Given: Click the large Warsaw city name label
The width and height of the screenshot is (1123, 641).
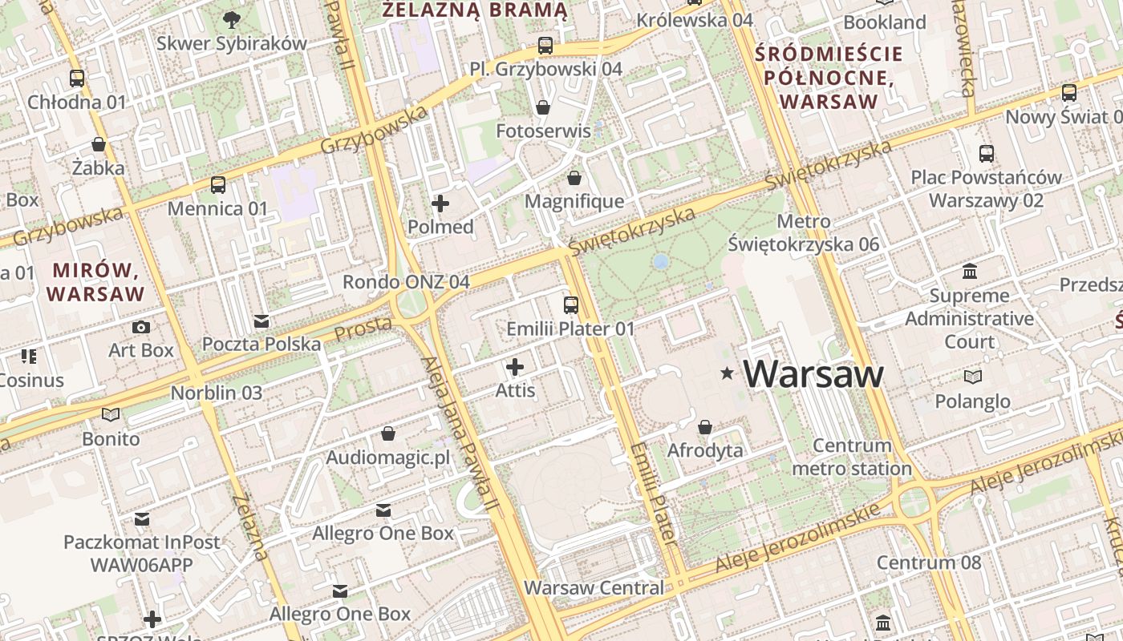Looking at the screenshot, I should tap(813, 374).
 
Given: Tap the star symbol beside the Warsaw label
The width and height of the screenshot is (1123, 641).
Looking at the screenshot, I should tap(727, 373).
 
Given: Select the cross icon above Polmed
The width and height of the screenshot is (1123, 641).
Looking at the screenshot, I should tap(440, 204).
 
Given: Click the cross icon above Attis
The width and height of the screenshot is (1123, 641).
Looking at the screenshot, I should tap(514, 368).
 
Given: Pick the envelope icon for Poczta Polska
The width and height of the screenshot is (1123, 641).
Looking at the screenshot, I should tap(261, 321).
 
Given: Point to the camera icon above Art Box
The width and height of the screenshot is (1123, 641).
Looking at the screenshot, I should tap(141, 327).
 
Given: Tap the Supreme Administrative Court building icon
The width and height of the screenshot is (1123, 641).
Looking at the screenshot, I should tap(969, 271).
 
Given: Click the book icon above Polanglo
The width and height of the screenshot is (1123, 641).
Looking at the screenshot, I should tap(972, 377).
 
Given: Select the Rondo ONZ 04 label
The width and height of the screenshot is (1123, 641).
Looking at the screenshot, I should tap(406, 282).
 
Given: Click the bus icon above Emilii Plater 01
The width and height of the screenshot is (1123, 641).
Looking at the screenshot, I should tap(570, 305).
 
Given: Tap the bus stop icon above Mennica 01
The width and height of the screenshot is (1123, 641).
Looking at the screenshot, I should tap(217, 185).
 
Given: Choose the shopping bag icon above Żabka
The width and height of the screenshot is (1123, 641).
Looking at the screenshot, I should tap(98, 144).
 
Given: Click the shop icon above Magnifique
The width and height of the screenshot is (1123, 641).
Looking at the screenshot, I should tap(574, 178).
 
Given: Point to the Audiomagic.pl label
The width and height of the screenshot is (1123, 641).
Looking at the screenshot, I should tap(388, 458).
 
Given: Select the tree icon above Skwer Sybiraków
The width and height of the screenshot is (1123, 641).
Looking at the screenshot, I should tap(231, 19).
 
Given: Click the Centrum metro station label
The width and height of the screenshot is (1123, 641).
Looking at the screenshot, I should tap(852, 457).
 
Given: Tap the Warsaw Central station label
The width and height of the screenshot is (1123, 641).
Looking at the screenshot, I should tap(594, 587).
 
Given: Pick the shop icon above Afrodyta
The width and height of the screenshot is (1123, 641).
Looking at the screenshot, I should tap(704, 427).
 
